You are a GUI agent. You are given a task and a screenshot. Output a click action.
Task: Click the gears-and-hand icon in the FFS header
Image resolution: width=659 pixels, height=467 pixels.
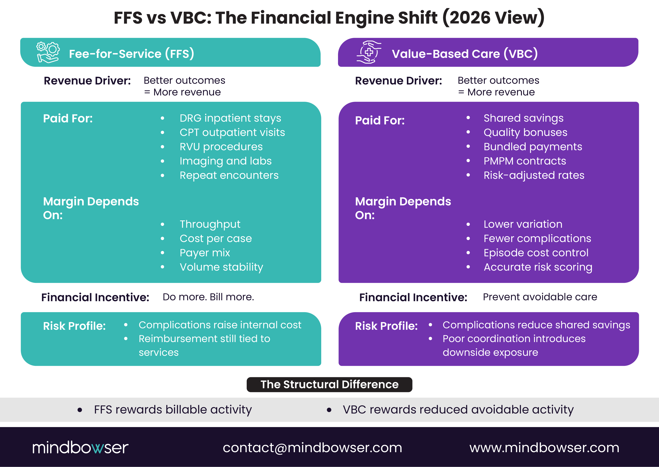click(x=48, y=52)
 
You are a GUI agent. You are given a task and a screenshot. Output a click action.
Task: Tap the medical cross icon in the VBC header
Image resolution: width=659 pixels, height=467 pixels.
click(x=369, y=52)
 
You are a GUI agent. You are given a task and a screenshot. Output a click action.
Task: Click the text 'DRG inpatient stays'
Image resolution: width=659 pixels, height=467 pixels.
click(x=230, y=118)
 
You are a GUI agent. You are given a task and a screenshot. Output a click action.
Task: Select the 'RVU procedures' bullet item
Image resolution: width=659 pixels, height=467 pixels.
click(x=221, y=147)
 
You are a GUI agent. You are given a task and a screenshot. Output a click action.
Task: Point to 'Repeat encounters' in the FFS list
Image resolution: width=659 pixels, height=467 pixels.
click(x=229, y=175)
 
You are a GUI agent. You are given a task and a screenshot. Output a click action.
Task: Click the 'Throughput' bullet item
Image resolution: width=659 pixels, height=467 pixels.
click(x=210, y=224)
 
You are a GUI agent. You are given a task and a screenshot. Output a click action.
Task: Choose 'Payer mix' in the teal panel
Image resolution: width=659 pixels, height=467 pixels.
click(x=205, y=253)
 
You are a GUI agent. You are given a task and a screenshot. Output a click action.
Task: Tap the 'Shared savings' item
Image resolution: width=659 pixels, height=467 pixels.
click(x=523, y=118)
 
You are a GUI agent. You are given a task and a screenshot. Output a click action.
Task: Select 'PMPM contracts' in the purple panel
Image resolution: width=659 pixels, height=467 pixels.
click(x=524, y=161)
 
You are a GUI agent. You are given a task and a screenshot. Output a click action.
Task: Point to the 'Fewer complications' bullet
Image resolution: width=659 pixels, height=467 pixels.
click(x=537, y=238)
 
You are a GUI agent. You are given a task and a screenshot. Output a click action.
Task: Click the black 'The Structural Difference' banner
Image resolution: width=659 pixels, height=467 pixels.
click(x=329, y=385)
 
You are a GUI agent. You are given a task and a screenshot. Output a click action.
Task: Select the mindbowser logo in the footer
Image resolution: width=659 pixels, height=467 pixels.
click(x=80, y=447)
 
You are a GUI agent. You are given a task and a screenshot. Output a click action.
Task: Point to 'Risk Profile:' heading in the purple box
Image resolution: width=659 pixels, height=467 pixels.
click(x=386, y=326)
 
